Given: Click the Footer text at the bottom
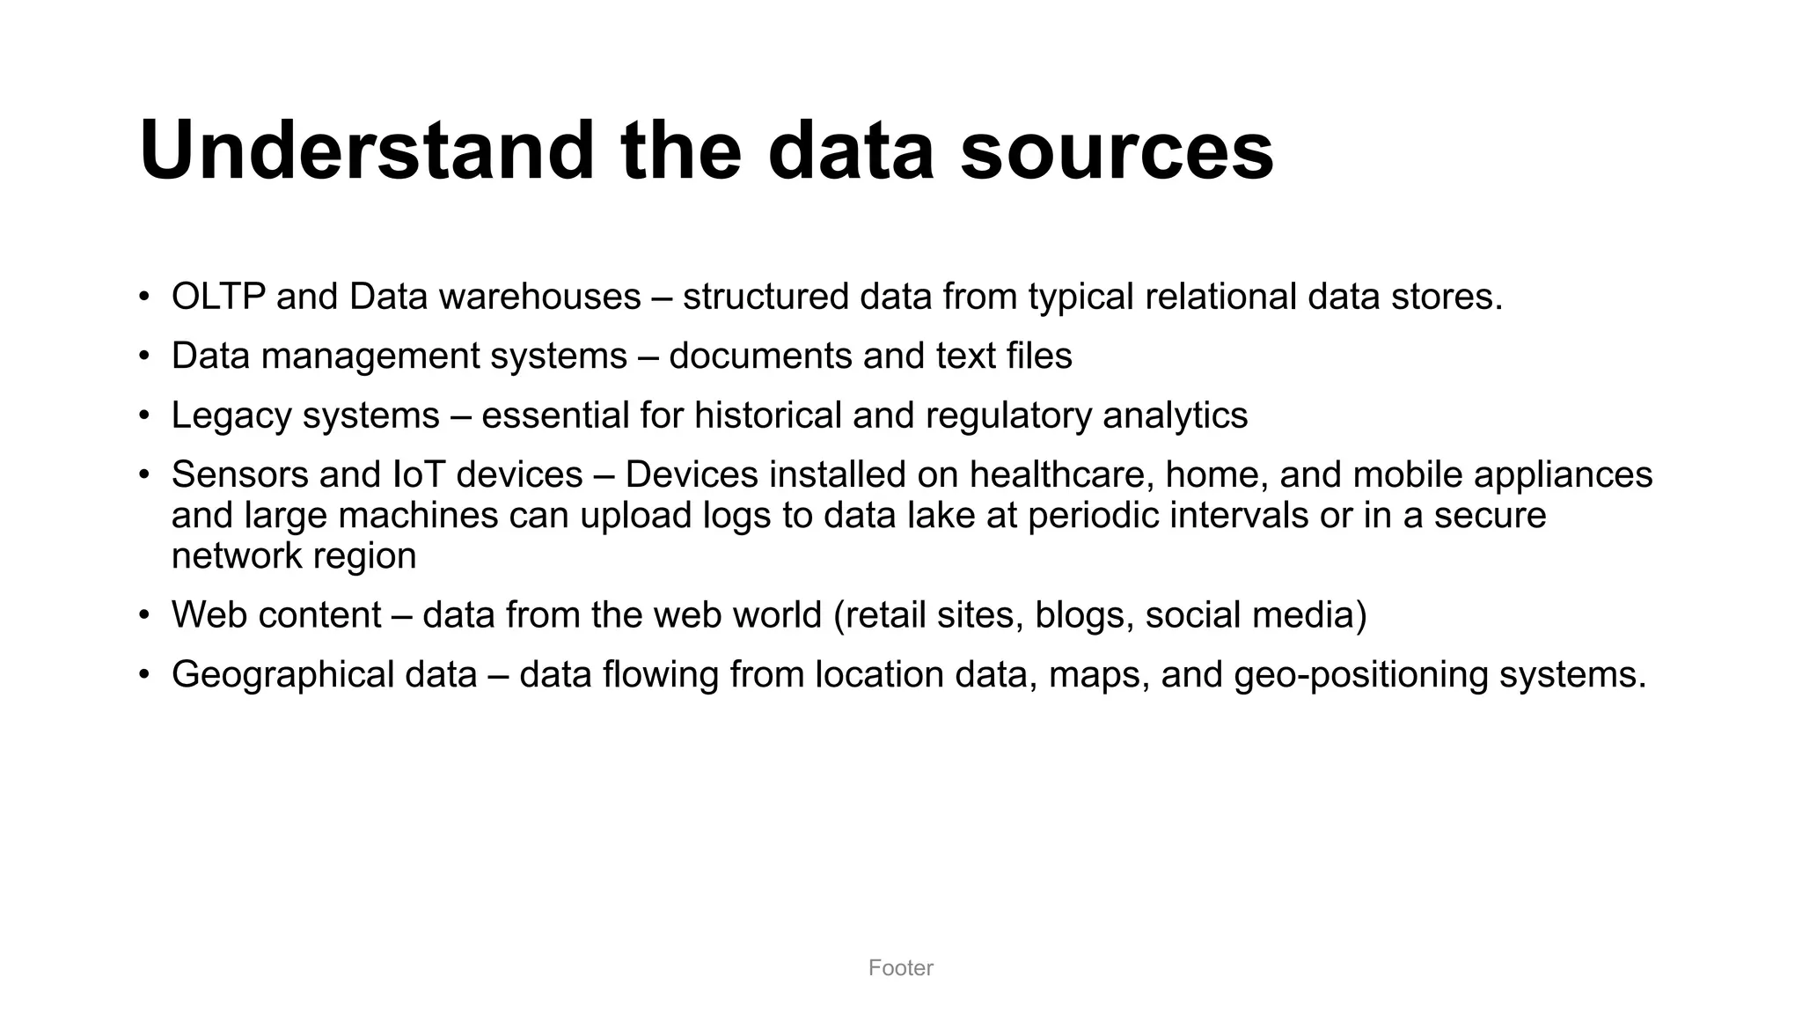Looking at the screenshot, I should (x=900, y=967).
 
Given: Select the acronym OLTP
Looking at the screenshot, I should (x=218, y=297).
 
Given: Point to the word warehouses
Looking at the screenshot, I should (x=540, y=297).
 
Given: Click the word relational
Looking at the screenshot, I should (x=1220, y=297).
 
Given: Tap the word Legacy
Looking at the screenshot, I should (x=231, y=415).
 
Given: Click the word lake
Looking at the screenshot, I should (x=943, y=515).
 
